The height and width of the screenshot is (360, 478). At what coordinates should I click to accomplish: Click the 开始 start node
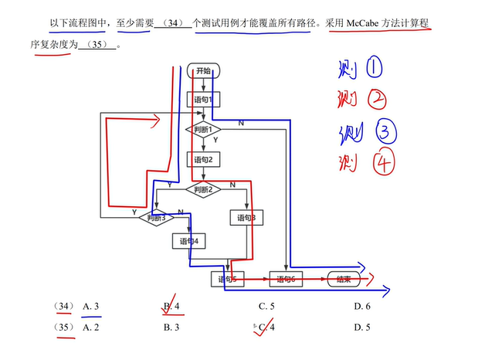pos(205,71)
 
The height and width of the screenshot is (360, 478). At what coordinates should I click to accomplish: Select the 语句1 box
pos(205,99)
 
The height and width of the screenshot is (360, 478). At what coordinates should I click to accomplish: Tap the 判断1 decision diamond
pos(203,129)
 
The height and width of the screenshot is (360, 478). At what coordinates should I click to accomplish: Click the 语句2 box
pos(205,160)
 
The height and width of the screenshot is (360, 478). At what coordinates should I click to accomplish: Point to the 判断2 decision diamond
pos(203,189)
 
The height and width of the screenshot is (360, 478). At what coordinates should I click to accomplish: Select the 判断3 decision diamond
pos(158,218)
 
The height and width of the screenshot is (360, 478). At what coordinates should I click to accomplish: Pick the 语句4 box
pos(189,241)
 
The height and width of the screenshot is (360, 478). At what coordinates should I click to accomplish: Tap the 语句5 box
pos(227,279)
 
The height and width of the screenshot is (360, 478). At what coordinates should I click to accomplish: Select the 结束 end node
pos(344,279)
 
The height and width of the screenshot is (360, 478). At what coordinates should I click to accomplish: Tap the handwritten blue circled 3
pos(384,133)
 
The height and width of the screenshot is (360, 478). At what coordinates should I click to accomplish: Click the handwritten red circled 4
pos(382,164)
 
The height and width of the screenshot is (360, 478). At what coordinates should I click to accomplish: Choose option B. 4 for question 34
pos(171,307)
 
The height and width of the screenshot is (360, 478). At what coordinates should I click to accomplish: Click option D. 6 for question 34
pos(361,307)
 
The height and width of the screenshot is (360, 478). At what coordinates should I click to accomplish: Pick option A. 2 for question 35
pos(90,328)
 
